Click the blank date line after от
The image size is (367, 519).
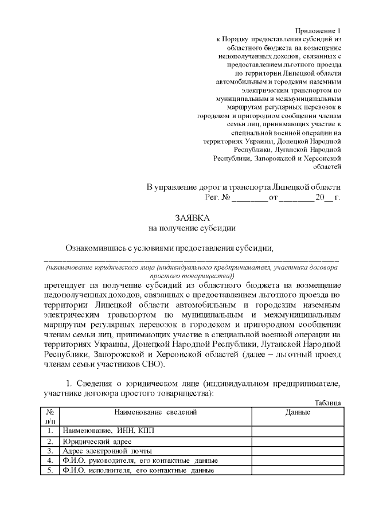coord(297,198)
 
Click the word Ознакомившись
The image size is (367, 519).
coord(94,248)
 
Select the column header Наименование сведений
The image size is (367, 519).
coord(155,412)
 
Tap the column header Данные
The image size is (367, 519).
coord(298,412)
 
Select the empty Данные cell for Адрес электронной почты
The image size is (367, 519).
coord(298,451)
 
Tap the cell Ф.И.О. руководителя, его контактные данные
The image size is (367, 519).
coord(140,461)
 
